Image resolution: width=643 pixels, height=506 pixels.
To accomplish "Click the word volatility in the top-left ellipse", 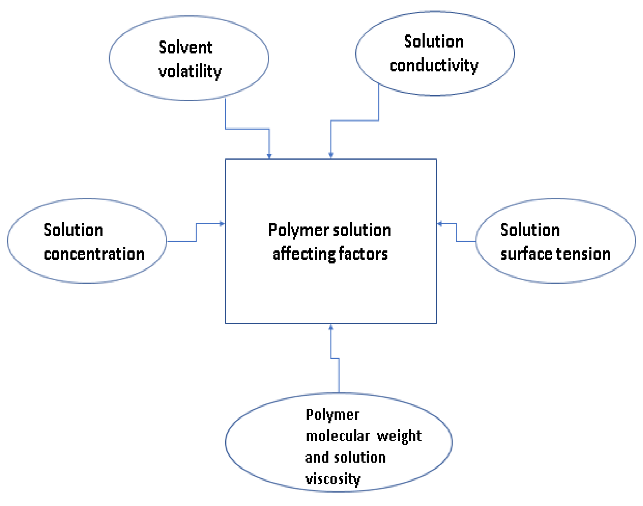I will point(190,71).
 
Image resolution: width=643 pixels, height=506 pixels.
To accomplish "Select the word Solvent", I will point(186,48).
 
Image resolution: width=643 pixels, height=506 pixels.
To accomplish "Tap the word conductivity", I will point(434,65).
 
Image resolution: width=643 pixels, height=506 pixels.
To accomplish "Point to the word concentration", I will point(94,254).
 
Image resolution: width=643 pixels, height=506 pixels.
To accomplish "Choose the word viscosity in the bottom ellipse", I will point(333,479).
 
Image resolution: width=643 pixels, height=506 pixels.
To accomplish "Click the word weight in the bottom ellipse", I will point(399,436).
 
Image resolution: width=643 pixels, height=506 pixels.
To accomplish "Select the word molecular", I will point(338,436).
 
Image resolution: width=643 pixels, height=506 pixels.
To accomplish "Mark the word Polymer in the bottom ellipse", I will point(333,415).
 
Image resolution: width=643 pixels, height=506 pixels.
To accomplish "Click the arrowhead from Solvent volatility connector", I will point(269,156).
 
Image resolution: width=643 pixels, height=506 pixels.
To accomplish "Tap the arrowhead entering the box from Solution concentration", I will point(222,223).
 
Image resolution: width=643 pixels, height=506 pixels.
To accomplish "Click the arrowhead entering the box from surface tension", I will point(440,223).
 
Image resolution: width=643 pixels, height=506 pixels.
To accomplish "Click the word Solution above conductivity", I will point(434,41).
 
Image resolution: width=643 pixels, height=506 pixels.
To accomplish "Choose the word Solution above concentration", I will point(74,230).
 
